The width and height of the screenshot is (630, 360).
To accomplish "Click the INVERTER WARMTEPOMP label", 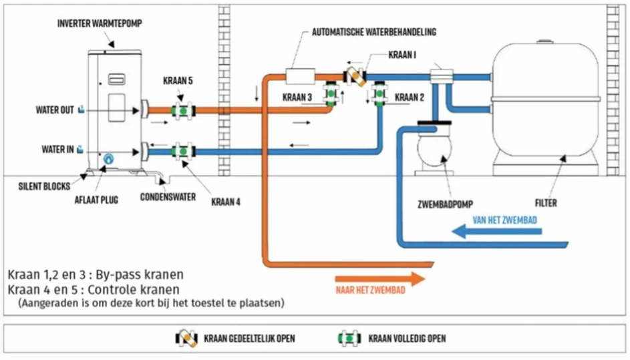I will tap(100, 23).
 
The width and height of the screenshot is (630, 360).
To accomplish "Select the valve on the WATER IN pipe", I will tap(180, 151).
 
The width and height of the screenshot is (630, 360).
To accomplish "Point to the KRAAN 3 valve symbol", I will tap(330, 94).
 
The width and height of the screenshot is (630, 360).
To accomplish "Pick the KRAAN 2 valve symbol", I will tap(379, 94).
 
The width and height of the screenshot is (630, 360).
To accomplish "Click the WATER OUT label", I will tap(55, 110).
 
